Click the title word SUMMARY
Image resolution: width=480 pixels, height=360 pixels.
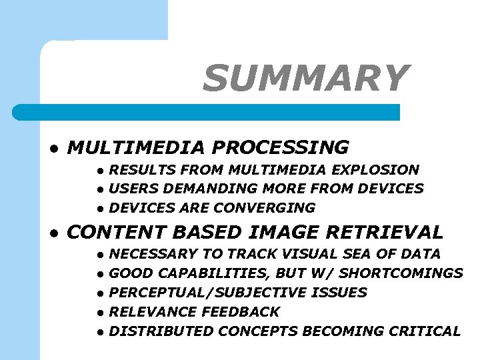coord(305,78)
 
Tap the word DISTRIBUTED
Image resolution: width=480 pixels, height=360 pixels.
coord(161,331)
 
